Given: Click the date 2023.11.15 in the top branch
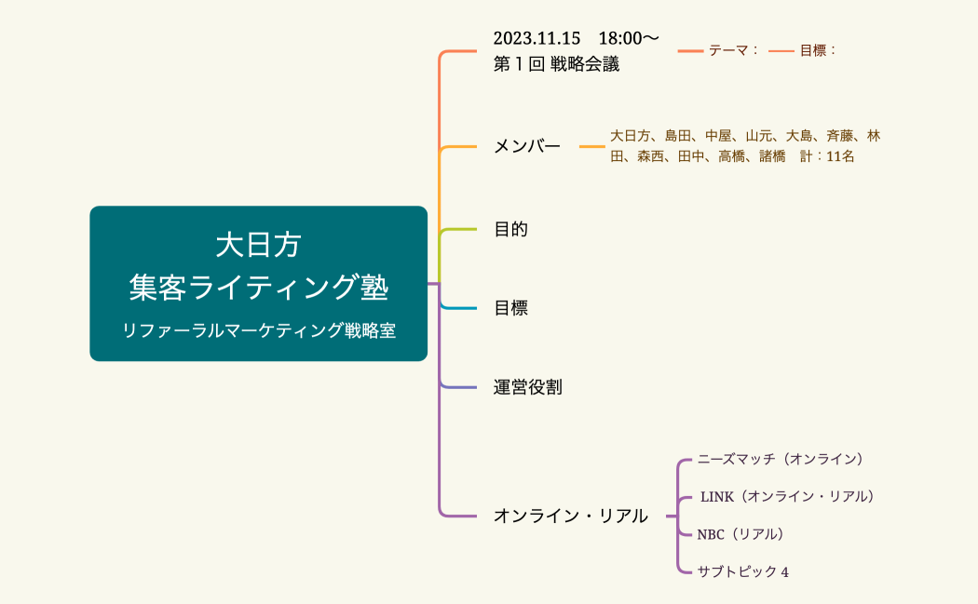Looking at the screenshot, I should click(x=537, y=38).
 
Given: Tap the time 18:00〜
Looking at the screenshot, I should click(x=629, y=38).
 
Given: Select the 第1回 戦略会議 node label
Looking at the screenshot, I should click(x=556, y=64).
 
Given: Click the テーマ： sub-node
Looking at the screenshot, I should click(x=734, y=50).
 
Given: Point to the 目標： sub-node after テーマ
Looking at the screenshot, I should click(x=818, y=50).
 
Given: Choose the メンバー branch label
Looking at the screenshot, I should click(x=527, y=146).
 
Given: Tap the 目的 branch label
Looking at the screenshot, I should click(x=510, y=229).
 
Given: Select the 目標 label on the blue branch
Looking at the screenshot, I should click(x=510, y=308).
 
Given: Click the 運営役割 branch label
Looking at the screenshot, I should click(x=527, y=387).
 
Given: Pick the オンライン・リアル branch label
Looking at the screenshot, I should click(x=570, y=516).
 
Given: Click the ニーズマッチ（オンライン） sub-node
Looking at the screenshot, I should click(x=781, y=459).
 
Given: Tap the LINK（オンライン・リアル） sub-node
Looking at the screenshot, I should click(x=787, y=496).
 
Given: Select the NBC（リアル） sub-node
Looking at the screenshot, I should click(x=740, y=534).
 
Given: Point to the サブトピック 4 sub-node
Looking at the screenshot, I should click(x=743, y=571).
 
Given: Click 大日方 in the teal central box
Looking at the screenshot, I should click(x=258, y=246).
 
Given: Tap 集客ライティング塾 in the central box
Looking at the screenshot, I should click(x=258, y=287).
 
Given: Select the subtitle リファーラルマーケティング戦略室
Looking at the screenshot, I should click(x=258, y=330).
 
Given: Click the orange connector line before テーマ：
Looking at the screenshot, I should click(x=690, y=50).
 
